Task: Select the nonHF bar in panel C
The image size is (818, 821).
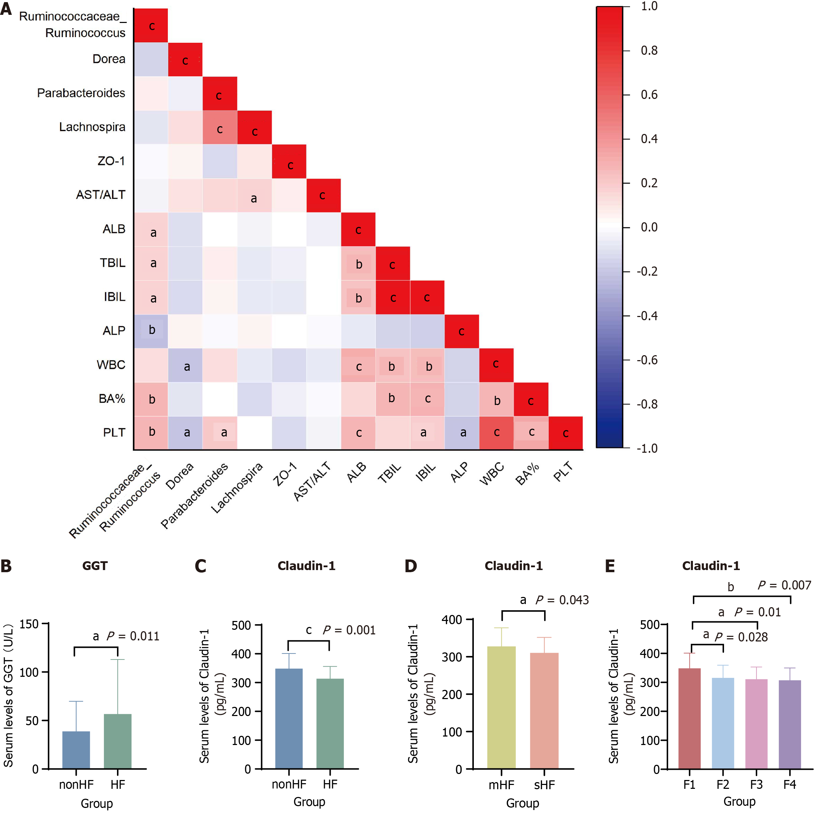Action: pyautogui.click(x=289, y=718)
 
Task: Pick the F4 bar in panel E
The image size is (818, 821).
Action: pyautogui.click(x=789, y=724)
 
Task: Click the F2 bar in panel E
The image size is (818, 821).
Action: pyautogui.click(x=723, y=723)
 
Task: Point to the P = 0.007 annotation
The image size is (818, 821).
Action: pyautogui.click(x=784, y=586)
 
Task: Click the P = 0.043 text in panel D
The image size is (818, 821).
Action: pyautogui.click(x=562, y=600)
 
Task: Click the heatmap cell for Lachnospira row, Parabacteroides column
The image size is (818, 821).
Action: pyautogui.click(x=220, y=128)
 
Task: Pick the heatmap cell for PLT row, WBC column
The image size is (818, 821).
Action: pyautogui.click(x=496, y=433)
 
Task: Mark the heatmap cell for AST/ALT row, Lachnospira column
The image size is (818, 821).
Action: pyautogui.click(x=254, y=195)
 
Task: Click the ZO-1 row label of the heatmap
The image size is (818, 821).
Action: pyautogui.click(x=111, y=162)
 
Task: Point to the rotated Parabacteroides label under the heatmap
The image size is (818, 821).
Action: pyautogui.click(x=195, y=495)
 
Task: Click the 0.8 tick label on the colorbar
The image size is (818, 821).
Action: pyautogui.click(x=649, y=51)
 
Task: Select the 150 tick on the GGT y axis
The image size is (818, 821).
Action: pyautogui.click(x=29, y=624)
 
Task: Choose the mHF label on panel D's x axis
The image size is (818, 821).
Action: pyautogui.click(x=501, y=785)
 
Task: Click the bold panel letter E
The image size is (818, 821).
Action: pyautogui.click(x=610, y=567)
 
